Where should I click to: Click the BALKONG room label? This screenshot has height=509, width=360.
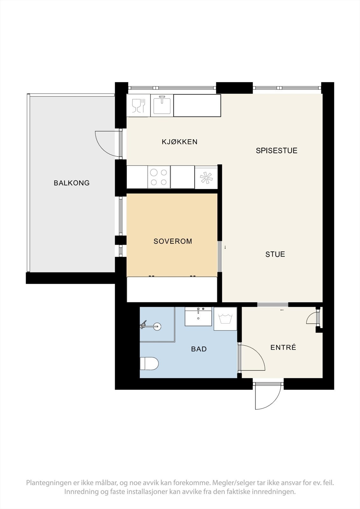72,183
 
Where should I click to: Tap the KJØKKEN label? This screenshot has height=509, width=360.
180,142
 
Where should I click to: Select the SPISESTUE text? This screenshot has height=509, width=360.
276,150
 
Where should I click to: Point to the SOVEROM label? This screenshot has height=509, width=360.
173,241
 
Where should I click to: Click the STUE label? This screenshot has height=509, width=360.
275,254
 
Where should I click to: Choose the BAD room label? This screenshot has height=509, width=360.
199,349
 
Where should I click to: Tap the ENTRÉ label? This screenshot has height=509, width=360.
283,347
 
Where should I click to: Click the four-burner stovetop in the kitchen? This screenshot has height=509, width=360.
159,177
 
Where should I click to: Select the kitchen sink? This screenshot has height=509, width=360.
162,105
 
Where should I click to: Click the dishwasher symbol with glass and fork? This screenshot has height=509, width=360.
138,106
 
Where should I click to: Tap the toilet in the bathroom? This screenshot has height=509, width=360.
149,364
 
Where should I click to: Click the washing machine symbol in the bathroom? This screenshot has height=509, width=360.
225,319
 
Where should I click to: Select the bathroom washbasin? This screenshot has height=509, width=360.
198,317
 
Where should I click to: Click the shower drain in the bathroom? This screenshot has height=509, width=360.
157,326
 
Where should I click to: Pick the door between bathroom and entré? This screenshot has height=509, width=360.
251,358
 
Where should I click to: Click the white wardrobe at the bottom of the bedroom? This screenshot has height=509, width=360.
172,289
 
